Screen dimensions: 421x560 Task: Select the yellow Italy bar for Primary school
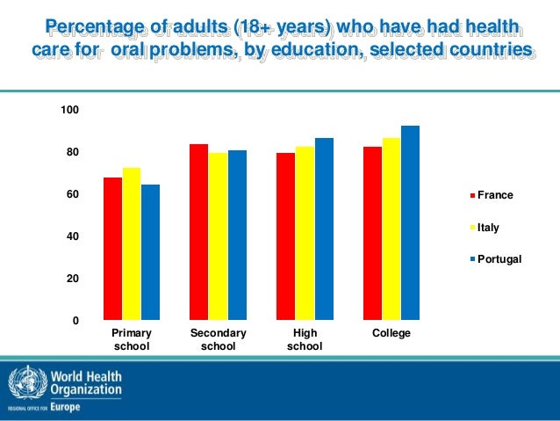click(131, 243)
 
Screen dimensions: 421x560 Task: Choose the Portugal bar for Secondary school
click(236, 235)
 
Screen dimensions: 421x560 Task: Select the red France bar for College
click(372, 233)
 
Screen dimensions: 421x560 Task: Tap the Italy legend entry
click(489, 227)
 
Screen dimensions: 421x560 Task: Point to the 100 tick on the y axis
click(70, 110)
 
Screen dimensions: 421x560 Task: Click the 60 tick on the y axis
click(73, 194)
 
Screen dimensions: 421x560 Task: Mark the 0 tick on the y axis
click(76, 321)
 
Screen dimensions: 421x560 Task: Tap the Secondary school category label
click(218, 340)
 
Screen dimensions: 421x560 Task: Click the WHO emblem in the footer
click(22, 384)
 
